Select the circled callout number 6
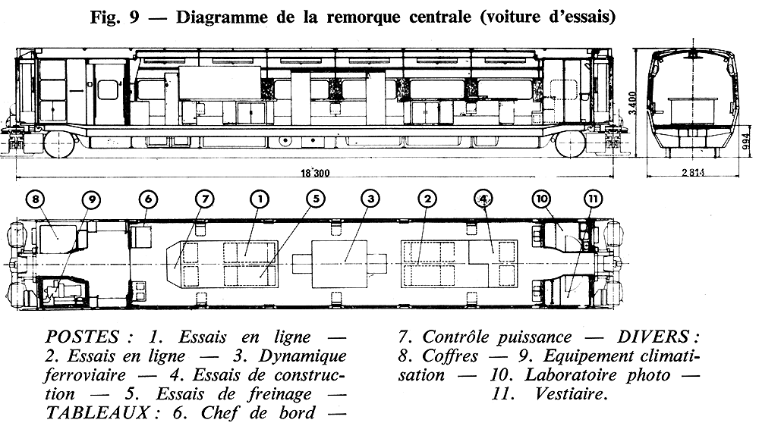point(149,199)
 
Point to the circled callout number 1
point(260,199)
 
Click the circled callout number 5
point(314,199)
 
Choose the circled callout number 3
point(370,199)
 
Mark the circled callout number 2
point(428,199)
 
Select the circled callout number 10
point(540,199)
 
